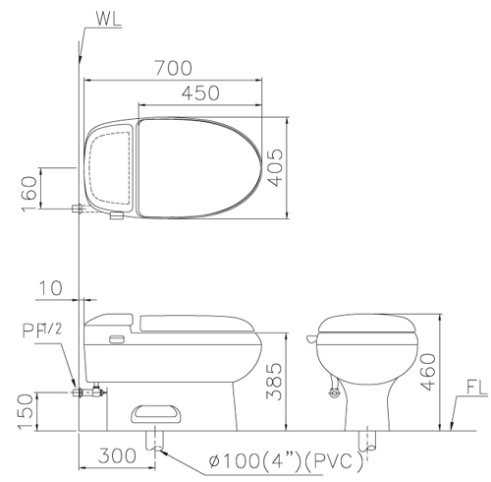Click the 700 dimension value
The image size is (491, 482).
174,68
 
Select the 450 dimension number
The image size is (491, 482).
200,92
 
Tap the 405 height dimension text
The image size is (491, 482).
275,167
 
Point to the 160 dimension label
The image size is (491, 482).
29,194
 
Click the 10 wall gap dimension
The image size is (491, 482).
50,288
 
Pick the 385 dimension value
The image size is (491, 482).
274,381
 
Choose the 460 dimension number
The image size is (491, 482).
428,372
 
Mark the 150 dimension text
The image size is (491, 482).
26,411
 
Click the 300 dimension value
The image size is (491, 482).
117,455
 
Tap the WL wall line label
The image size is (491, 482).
108,18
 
